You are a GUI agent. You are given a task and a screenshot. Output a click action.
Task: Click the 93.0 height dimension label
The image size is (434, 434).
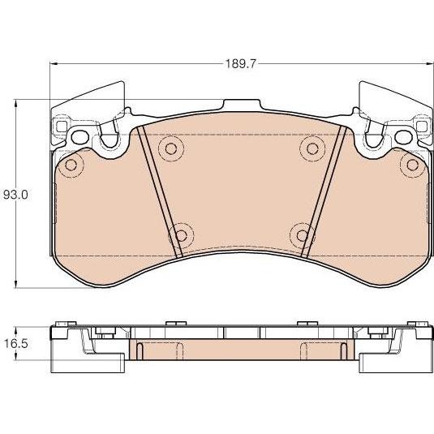coord(15,196)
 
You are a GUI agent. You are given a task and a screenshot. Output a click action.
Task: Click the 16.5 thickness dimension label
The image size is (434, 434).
coord(15,344)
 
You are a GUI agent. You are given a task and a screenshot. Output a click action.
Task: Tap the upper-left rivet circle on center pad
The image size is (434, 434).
coord(171,149)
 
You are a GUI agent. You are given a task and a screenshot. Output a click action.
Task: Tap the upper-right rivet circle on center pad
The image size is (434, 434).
coord(312,149)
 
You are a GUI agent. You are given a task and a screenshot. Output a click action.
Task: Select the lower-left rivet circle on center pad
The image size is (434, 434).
coord(181,235)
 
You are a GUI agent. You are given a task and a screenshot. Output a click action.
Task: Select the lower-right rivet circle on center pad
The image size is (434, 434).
coord(303,235)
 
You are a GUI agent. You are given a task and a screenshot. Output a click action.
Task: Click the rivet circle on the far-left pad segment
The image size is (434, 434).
coord(71,165)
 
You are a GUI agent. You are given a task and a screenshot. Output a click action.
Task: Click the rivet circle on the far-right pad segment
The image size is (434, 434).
coord(412,165)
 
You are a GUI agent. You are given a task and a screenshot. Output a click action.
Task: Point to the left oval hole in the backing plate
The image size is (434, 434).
coord(80,137)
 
